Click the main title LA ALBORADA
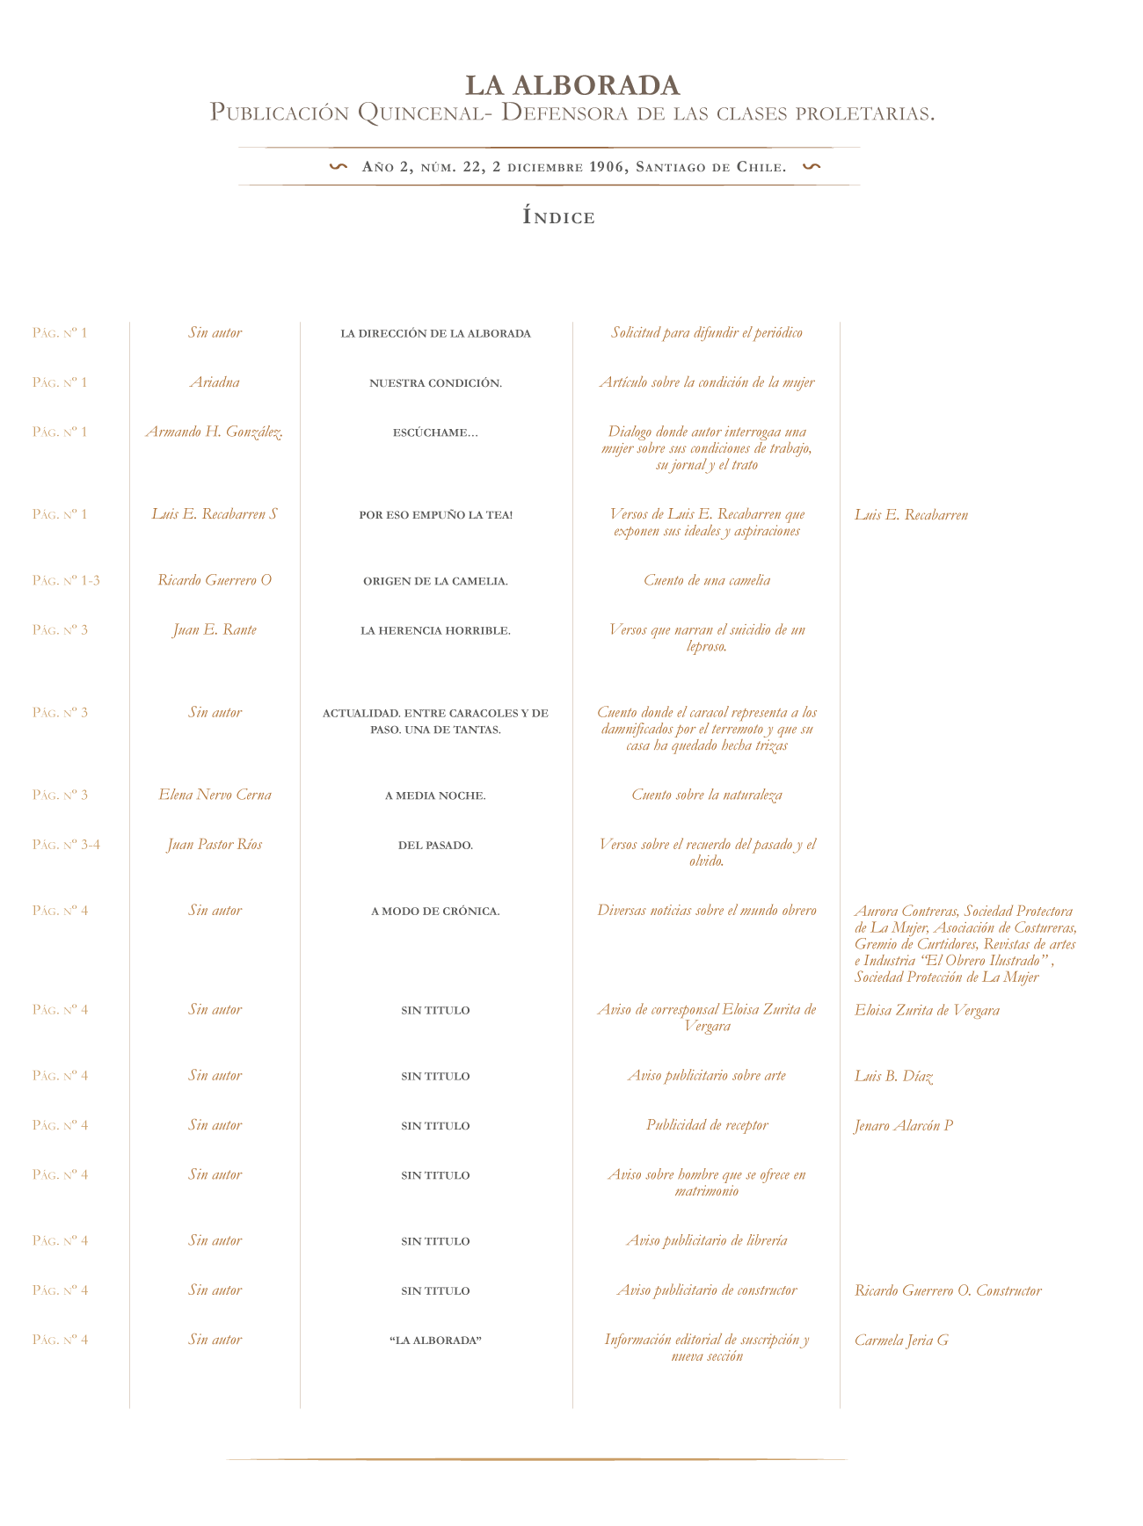[572, 85]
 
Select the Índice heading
[559, 216]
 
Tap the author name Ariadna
[215, 382]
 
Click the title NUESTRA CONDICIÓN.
[436, 383]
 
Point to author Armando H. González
[215, 432]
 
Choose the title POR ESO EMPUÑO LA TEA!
[436, 514]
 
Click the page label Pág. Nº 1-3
[66, 580]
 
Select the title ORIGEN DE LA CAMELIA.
[436, 581]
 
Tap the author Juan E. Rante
[215, 629]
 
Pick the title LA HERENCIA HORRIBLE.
[436, 630]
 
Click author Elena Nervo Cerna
[215, 795]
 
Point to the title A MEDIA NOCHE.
[436, 796]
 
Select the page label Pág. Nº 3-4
[66, 845]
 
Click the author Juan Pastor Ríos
[215, 845]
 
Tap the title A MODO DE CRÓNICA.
[436, 912]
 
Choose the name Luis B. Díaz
[893, 1076]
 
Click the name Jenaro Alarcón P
[904, 1125]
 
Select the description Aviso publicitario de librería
[707, 1240]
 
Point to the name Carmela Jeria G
[901, 1341]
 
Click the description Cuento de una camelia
[707, 580]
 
